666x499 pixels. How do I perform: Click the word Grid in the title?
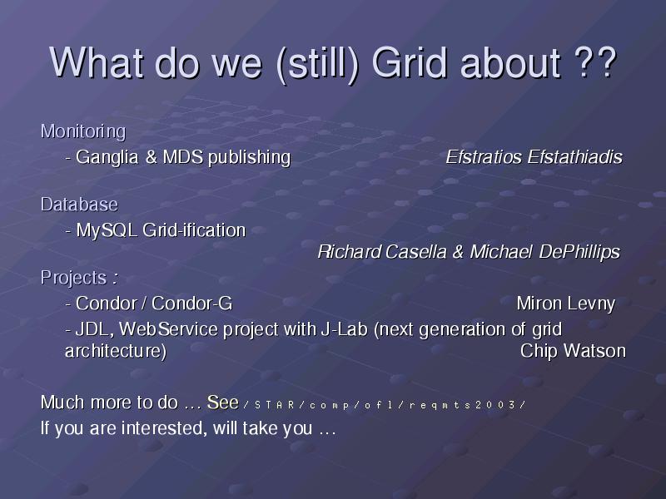tap(410, 63)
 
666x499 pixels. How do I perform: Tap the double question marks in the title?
tap(594, 63)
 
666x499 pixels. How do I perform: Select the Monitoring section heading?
tap(83, 132)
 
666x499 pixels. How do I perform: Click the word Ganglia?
tap(107, 157)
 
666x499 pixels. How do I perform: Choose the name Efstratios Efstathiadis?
tap(534, 157)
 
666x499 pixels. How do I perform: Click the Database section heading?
tap(79, 205)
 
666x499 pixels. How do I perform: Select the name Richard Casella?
tap(382, 252)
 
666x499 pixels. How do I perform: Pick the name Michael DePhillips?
tap(545, 252)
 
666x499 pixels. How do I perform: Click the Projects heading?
tap(79, 279)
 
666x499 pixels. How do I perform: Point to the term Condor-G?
tap(192, 304)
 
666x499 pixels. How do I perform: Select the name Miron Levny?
tap(566, 304)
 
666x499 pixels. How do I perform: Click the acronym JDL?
tap(94, 329)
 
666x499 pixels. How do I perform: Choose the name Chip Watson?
tap(573, 351)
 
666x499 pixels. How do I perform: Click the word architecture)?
tap(116, 351)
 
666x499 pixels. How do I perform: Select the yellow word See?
tap(222, 403)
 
